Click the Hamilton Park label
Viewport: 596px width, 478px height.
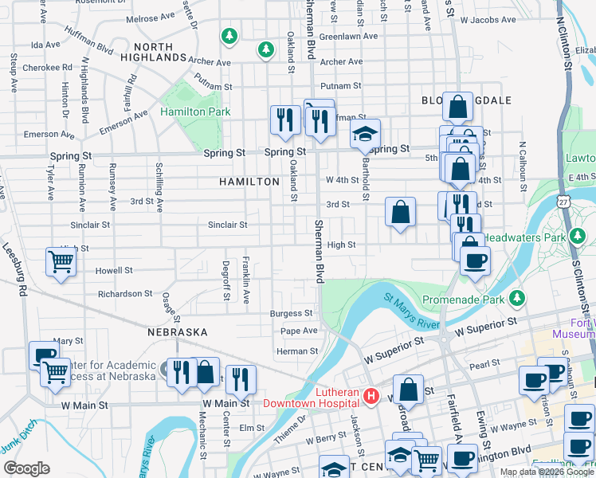coord(195,112)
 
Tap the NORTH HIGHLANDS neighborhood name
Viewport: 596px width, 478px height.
coord(153,53)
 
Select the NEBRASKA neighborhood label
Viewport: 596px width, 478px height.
coord(177,331)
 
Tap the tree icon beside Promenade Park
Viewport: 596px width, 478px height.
coord(518,299)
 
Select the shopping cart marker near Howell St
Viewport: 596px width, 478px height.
coord(61,261)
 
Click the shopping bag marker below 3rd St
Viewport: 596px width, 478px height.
coord(400,212)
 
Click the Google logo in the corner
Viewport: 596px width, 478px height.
coord(26,468)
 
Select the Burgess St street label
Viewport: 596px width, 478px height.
coord(291,314)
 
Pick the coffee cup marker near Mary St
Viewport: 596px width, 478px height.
coord(44,355)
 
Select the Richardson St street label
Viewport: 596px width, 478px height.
coord(125,294)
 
